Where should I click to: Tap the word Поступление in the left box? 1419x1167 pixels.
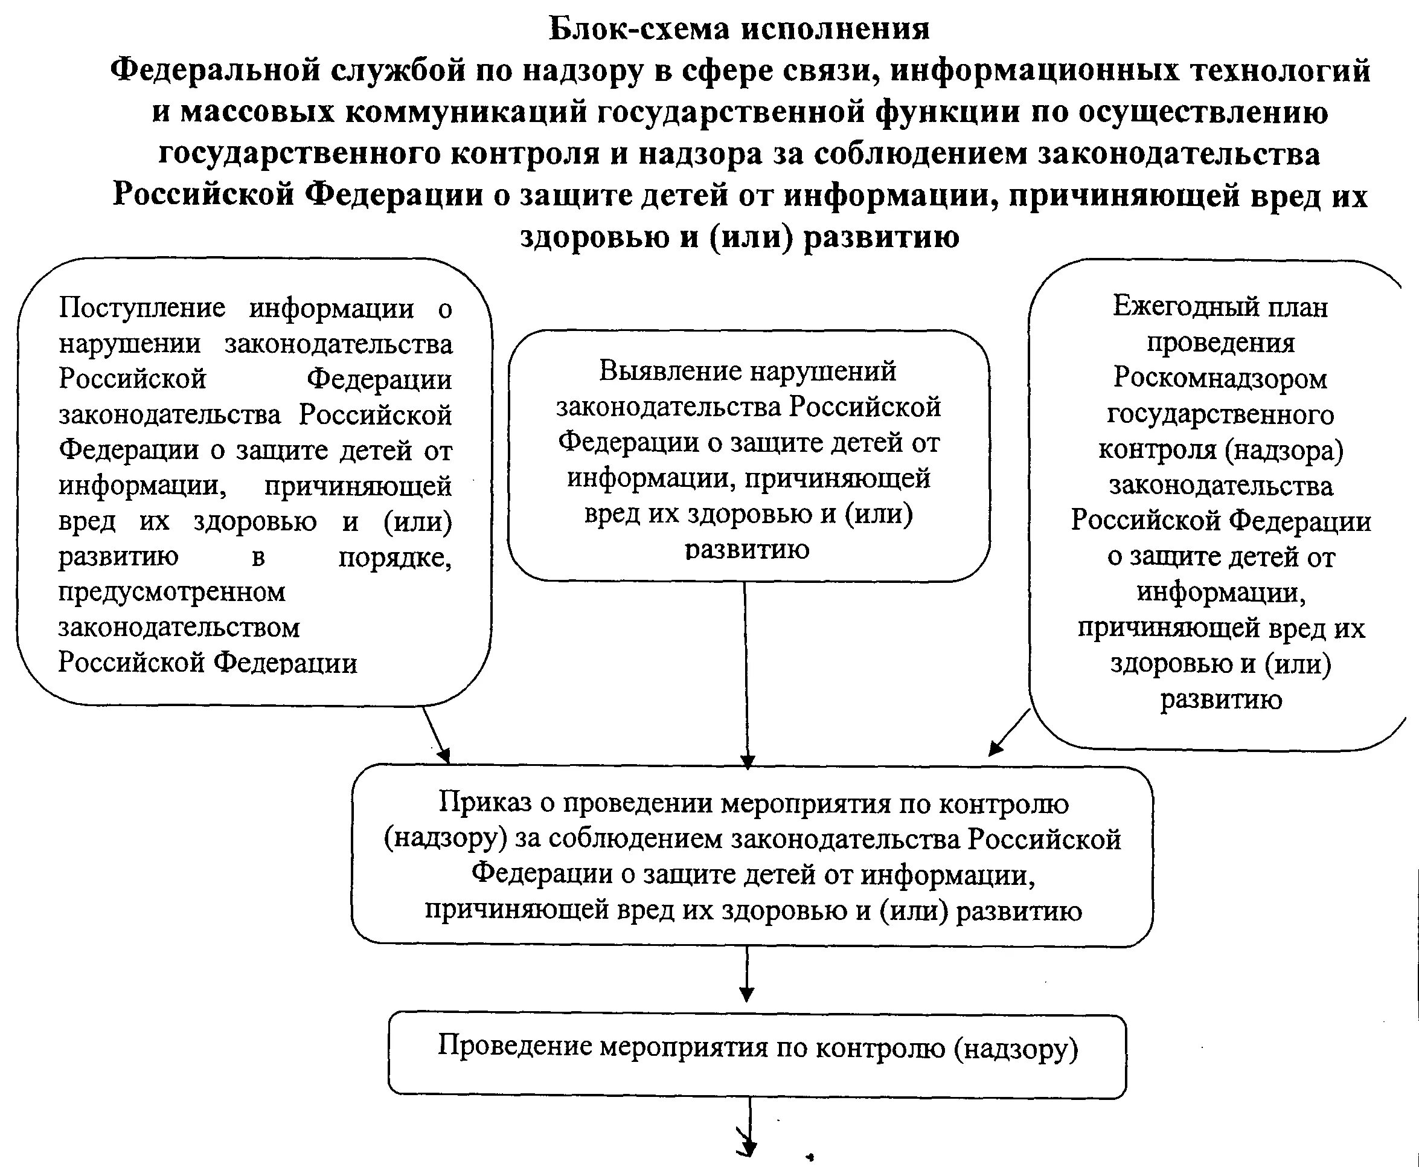[x=142, y=309]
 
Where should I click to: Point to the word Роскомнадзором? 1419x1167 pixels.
[x=1220, y=379]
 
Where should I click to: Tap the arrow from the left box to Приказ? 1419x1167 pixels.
[x=436, y=736]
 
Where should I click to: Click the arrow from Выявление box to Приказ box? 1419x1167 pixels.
[x=746, y=675]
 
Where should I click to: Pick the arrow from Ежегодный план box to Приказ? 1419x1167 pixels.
[x=1009, y=733]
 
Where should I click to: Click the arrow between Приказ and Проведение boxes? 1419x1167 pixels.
[x=746, y=975]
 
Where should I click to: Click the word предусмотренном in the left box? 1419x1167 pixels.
[x=172, y=592]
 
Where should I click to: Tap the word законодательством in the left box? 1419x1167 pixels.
[x=179, y=628]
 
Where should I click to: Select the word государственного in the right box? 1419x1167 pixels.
[x=1220, y=415]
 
